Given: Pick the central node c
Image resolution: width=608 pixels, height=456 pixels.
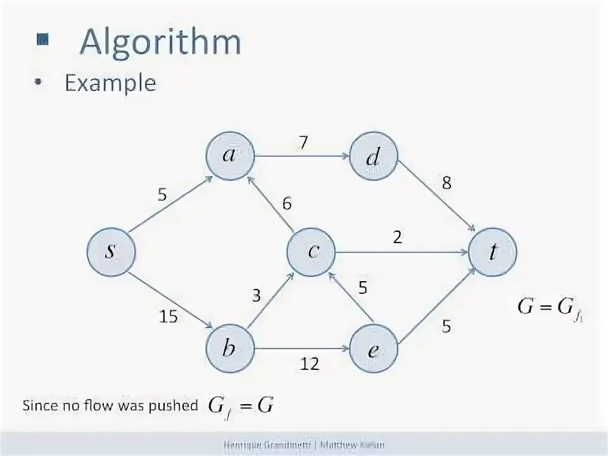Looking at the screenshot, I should (x=311, y=252).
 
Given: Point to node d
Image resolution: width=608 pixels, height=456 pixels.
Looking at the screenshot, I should (x=373, y=156).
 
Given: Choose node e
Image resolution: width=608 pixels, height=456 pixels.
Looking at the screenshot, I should (x=373, y=349).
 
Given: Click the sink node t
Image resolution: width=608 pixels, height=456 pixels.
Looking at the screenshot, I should (x=493, y=252).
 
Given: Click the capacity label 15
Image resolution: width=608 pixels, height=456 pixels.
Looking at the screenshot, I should (x=168, y=317).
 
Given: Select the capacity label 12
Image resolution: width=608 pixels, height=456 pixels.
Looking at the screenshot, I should (x=310, y=364).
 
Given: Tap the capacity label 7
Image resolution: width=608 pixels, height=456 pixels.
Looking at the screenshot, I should (x=303, y=142).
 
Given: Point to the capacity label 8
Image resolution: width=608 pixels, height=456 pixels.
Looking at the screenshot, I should (x=447, y=184).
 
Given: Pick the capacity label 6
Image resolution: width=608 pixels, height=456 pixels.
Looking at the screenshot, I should (x=287, y=204).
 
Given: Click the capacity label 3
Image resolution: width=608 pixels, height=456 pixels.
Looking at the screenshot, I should (x=256, y=295).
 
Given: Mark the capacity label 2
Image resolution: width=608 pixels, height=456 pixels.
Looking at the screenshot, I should (x=397, y=237).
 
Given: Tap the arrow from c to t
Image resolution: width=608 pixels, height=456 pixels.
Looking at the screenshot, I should (x=402, y=252).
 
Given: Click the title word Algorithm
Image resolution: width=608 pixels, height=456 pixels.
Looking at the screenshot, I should (x=160, y=43).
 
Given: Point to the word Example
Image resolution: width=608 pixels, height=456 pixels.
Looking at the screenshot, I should (x=110, y=83).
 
